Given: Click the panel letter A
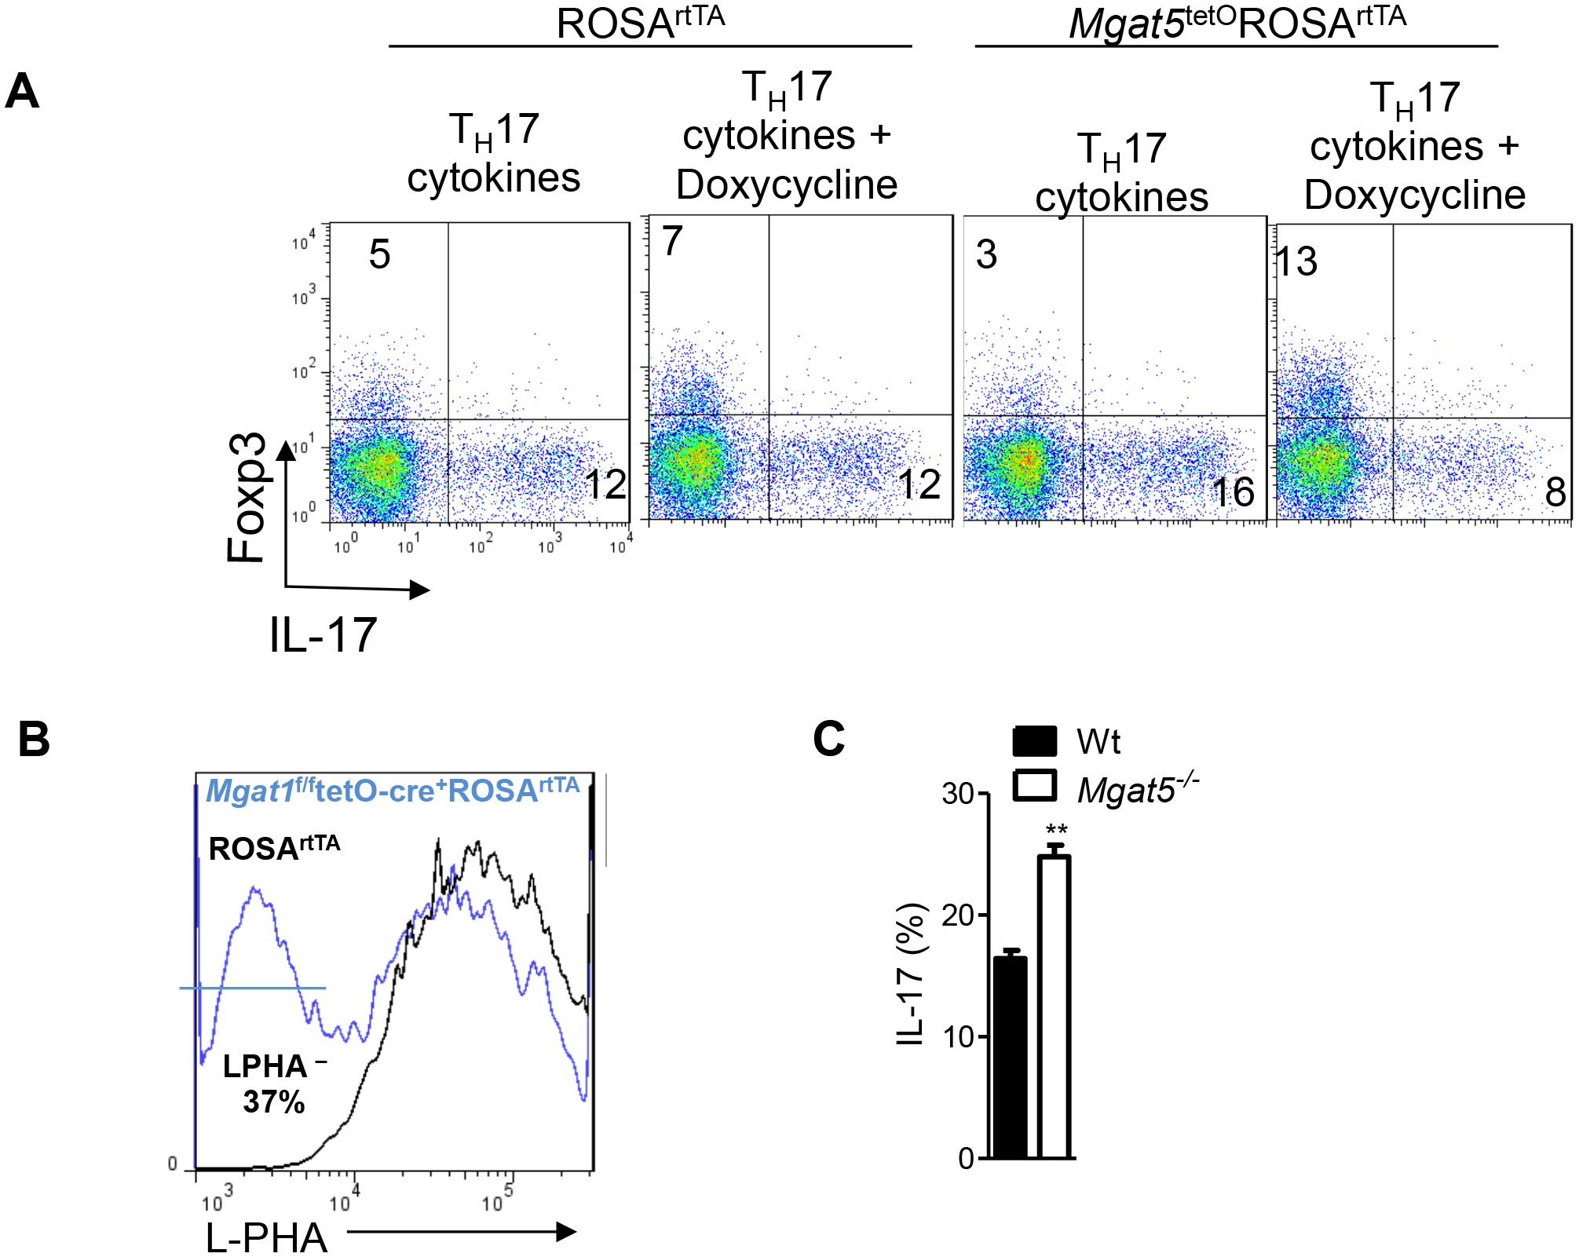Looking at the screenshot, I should coord(22,93).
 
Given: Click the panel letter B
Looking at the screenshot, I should coord(34,740).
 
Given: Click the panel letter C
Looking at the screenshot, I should coord(829,739).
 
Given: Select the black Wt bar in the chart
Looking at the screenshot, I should coord(1011,1057).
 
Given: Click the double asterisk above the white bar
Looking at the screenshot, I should coord(1057,831).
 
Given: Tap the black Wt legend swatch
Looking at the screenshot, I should coord(1035,742).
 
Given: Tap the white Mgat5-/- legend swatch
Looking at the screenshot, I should coord(1035,786).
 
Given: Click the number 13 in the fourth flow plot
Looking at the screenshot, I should coord(1296,261).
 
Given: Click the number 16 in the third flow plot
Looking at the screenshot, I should coord(1233,492).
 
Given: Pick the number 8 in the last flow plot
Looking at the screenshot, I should coord(1555,492).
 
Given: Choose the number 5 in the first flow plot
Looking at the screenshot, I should coord(379,254).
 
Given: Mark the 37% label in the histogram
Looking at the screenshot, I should coord(273,1102).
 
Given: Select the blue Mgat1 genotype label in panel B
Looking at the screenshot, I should coord(393,791).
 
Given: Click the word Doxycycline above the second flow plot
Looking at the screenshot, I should coord(787,185).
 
